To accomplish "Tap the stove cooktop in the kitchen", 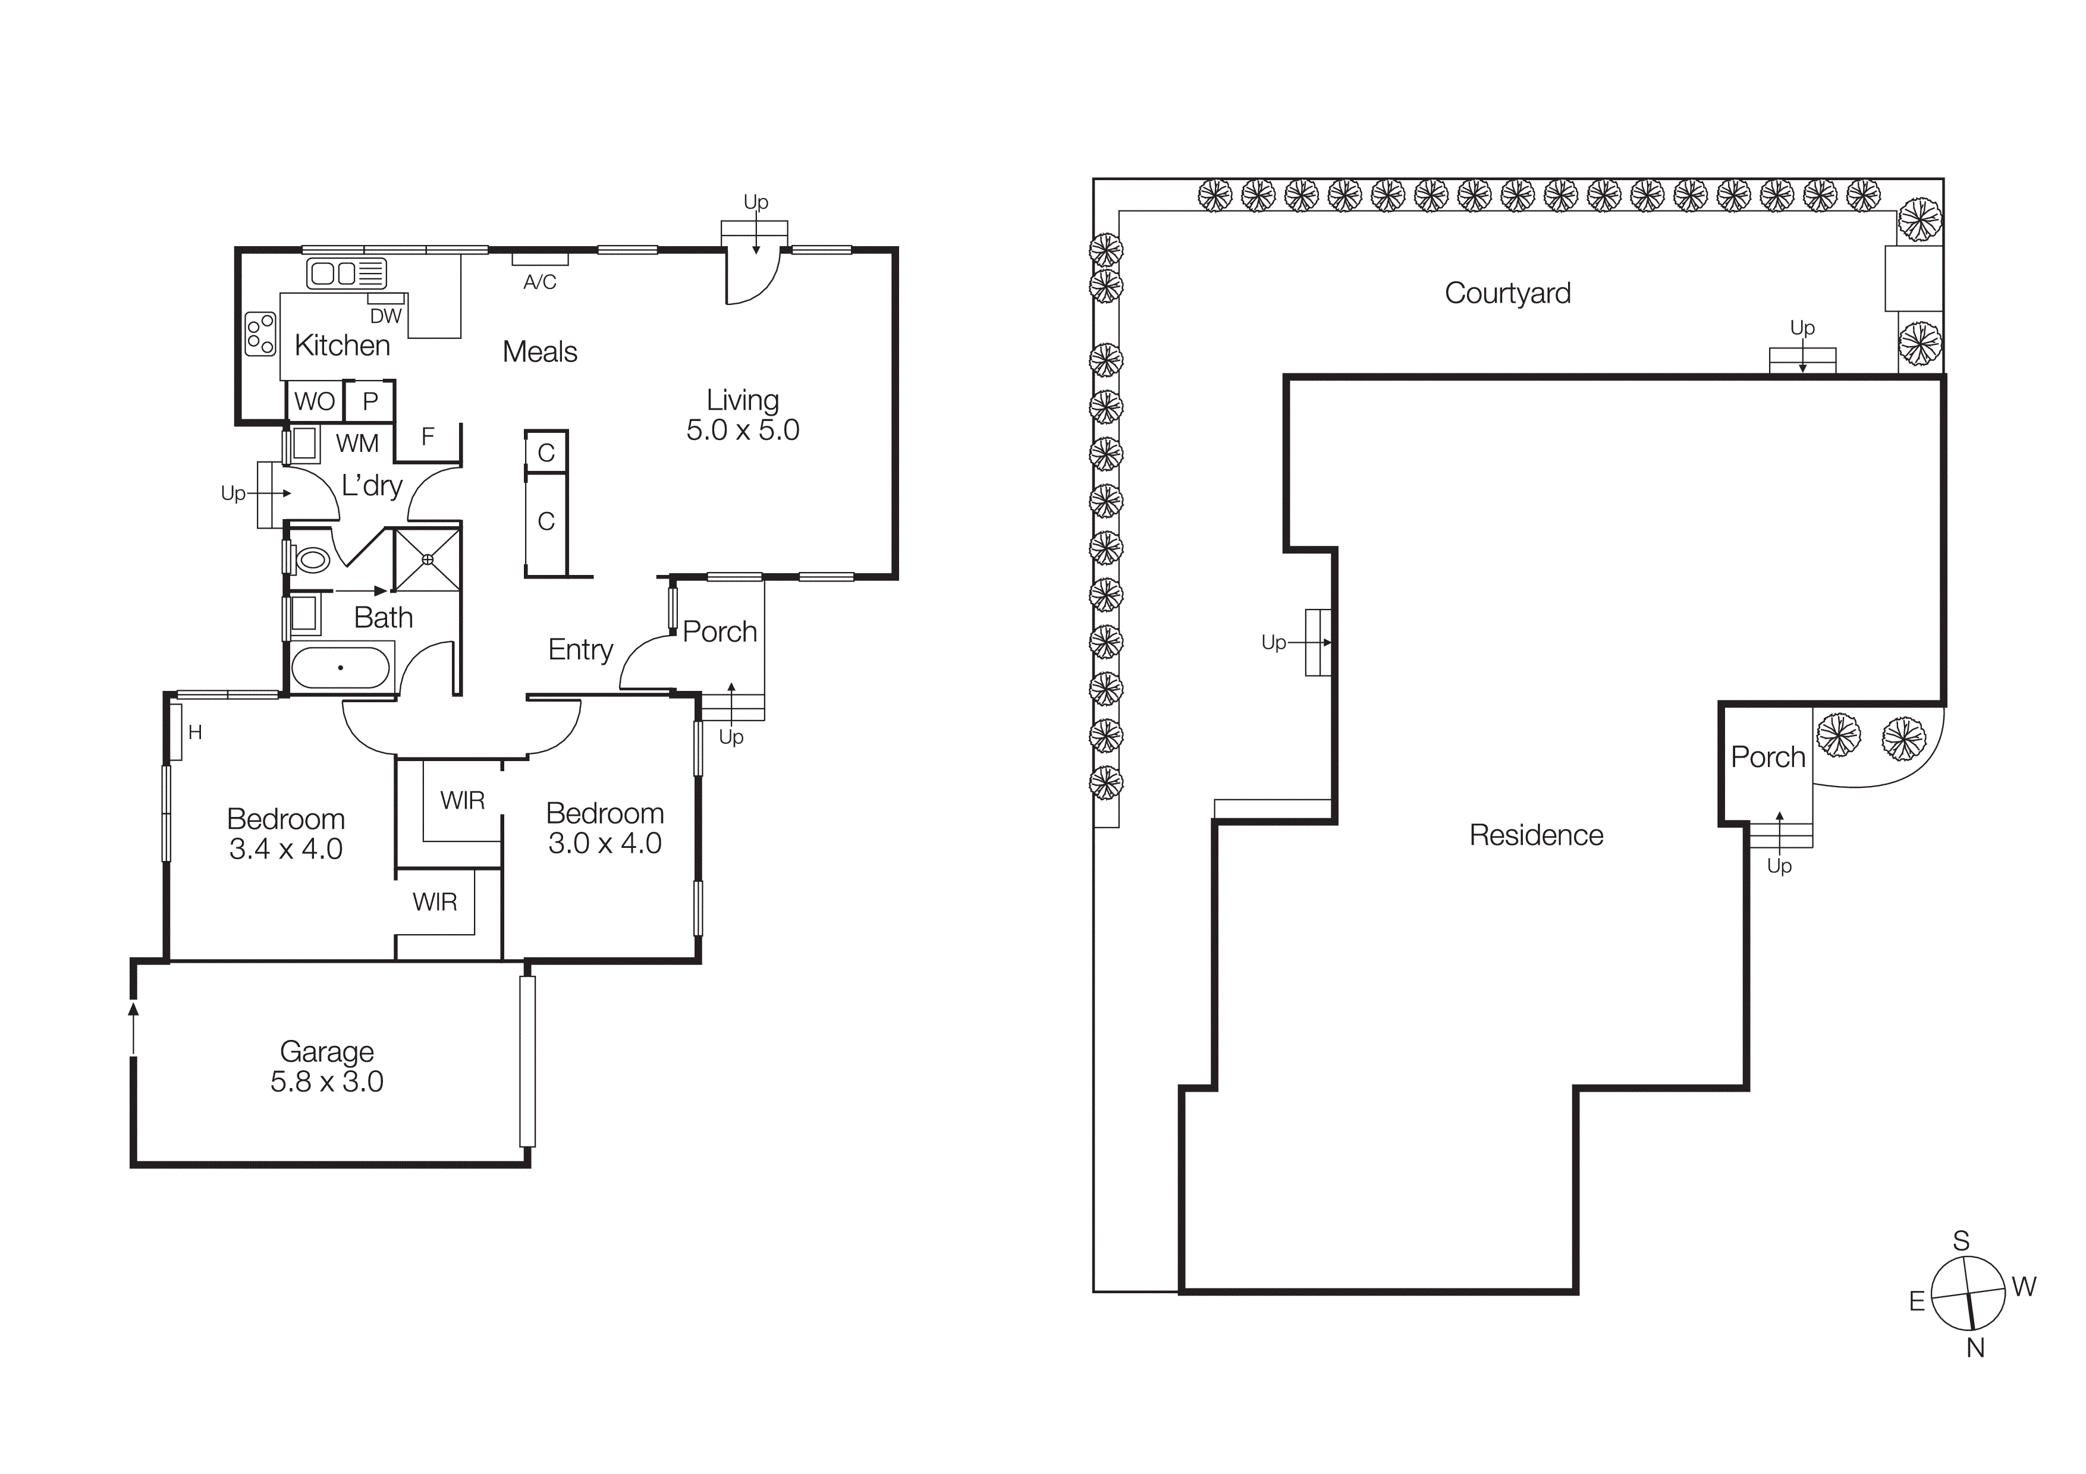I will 260,334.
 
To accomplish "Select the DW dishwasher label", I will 385,316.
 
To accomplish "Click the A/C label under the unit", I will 540,282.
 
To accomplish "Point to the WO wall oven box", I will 315,401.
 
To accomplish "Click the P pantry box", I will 370,401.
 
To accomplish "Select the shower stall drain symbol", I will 427,560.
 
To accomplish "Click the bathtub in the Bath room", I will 341,668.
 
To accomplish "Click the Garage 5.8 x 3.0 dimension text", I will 327,1082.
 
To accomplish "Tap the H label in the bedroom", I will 194,732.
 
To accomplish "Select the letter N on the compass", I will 1975,1349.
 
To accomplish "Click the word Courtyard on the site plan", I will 1507,293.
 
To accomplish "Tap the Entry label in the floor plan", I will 580,649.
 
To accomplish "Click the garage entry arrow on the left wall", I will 134,1026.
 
